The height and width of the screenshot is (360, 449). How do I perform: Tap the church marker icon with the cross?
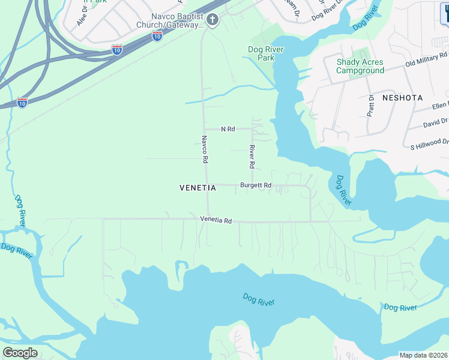pos(212,20)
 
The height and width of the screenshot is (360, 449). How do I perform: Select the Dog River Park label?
pos(265,53)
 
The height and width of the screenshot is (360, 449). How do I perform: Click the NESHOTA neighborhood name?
pos(402,97)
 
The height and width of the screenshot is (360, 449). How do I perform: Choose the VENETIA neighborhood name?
pos(197,188)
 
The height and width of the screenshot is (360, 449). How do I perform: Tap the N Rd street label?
pos(228,129)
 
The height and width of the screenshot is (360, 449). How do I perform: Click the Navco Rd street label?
pos(204,149)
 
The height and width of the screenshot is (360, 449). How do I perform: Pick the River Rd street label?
pos(253,157)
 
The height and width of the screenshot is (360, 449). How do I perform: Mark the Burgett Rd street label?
pos(256,185)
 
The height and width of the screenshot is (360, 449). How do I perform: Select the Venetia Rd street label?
pos(216,220)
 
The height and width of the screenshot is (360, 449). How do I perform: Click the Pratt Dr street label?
pos(371,106)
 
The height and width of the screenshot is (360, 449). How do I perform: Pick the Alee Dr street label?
pos(82,17)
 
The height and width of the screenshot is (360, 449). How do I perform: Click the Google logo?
pos(20,353)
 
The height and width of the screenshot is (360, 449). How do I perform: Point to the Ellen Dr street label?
pos(440,106)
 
